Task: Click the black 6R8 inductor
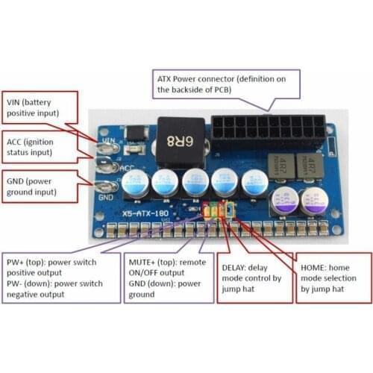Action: click(179, 137)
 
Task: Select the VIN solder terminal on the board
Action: click(104, 141)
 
